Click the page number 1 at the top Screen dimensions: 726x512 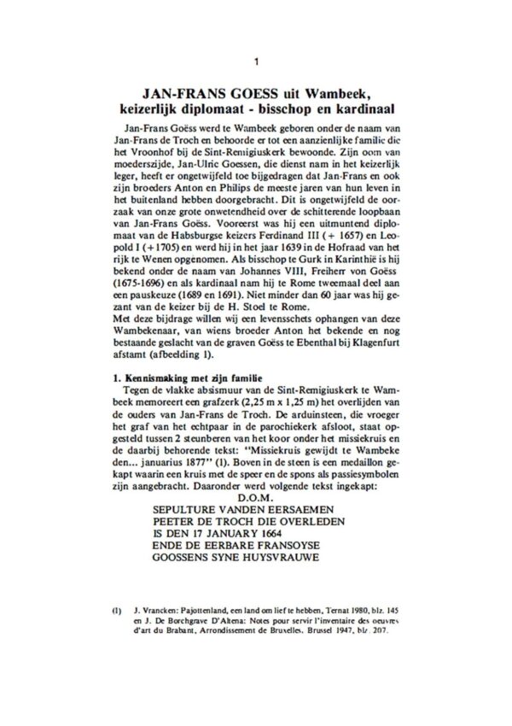[257, 61]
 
